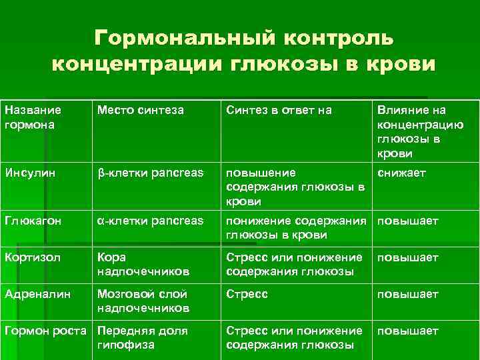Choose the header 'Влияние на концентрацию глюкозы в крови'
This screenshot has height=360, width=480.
[411, 131]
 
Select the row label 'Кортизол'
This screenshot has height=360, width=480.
[29, 257]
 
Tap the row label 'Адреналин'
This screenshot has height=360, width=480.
[35, 294]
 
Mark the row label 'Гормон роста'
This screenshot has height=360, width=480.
[45, 331]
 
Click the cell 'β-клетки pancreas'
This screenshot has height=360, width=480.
[150, 173]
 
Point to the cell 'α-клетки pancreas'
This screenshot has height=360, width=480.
[150, 221]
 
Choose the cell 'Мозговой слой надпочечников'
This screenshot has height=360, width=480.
[143, 301]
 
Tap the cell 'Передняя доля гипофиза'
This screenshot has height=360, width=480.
[142, 337]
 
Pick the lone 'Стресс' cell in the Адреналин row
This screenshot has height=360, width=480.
[247, 294]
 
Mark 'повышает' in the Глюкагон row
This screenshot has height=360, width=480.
[408, 221]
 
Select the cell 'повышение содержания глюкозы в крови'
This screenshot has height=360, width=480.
[295, 187]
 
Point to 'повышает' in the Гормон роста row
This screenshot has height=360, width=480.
[408, 331]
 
